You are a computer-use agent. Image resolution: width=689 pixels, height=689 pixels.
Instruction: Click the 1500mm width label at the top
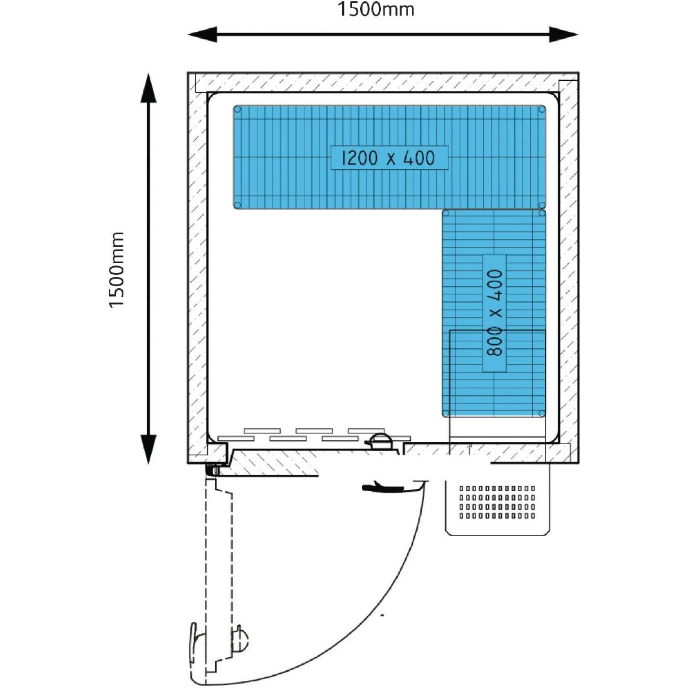click(x=376, y=10)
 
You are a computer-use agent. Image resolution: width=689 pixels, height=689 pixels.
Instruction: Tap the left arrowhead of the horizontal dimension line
click(x=202, y=34)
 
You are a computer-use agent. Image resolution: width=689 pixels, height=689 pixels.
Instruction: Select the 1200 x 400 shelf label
click(x=390, y=158)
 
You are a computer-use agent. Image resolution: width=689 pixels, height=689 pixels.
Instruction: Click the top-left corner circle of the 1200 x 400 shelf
click(x=238, y=109)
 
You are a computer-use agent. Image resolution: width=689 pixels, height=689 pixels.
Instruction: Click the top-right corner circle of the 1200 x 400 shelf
click(x=542, y=109)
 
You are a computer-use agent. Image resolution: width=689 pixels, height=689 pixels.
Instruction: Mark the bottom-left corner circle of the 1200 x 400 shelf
click(x=238, y=205)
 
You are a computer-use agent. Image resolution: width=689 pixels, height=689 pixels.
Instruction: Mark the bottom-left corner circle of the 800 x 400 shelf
click(x=446, y=413)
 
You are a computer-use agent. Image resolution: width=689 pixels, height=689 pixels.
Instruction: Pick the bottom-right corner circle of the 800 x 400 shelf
click(x=541, y=413)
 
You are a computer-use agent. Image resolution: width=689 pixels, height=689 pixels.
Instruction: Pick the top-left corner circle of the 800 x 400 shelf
click(x=446, y=214)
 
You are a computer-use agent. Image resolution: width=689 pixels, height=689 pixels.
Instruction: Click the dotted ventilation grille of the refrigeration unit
click(x=497, y=502)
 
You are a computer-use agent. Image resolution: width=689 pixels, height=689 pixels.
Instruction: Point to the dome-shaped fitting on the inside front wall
click(x=380, y=440)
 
